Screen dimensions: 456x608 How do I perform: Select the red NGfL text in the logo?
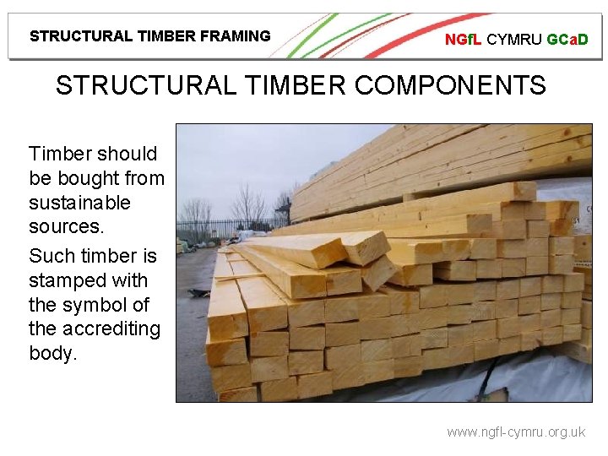(464, 39)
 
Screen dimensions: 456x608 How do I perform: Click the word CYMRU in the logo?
(514, 39)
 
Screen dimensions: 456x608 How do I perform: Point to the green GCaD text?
(567, 39)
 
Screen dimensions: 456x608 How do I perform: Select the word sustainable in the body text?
(79, 203)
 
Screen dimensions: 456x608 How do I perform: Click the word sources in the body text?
(63, 226)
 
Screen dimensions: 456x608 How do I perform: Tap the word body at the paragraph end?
(52, 352)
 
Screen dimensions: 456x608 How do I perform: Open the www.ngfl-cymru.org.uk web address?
(515, 432)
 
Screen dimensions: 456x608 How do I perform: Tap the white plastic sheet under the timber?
(507, 380)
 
